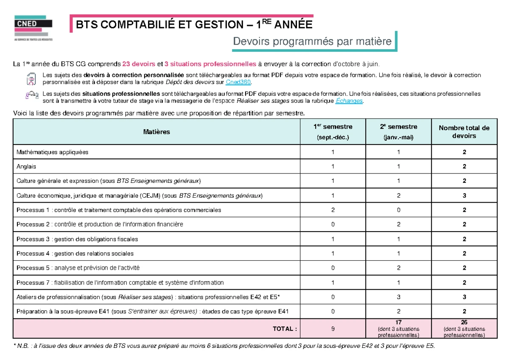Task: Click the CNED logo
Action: [x=34, y=28]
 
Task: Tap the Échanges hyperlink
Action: [x=349, y=100]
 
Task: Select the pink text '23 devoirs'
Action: [x=139, y=64]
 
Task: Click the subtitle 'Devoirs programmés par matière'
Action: [x=312, y=42]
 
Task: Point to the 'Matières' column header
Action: [x=157, y=132]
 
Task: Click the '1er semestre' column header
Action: [x=333, y=131]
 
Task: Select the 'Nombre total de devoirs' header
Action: [x=464, y=132]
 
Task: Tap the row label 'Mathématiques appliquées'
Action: [x=52, y=152]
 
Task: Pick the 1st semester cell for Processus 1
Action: [x=333, y=210]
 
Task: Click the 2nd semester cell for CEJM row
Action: [x=398, y=195]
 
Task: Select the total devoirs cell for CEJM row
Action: [x=464, y=195]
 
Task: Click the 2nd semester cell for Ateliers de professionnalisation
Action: [x=398, y=297]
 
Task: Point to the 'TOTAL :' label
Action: [x=285, y=329]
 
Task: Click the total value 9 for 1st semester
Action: [x=333, y=329]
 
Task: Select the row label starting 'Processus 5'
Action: [x=78, y=268]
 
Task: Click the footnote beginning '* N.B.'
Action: [x=225, y=346]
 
